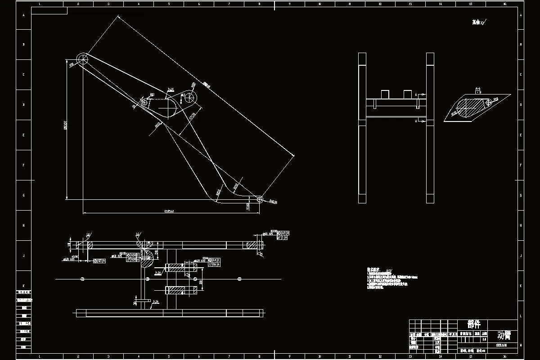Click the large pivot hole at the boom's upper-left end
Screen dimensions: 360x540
click(x=82, y=59)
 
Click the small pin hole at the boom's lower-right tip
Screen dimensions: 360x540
click(x=260, y=198)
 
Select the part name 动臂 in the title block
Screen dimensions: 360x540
click(x=504, y=335)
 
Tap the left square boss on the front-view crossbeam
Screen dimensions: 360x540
click(x=385, y=94)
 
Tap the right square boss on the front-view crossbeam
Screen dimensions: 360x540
click(x=408, y=94)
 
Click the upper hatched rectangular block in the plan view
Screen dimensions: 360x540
click(x=181, y=267)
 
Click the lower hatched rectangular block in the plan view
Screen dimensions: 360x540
click(x=181, y=290)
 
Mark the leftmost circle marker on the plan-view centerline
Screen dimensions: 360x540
click(x=82, y=279)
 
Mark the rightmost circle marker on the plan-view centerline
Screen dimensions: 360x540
click(x=239, y=279)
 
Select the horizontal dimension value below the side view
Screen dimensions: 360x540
click(x=169, y=211)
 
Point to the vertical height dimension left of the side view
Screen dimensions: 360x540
click(x=66, y=128)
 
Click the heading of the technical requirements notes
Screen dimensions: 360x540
click(x=374, y=269)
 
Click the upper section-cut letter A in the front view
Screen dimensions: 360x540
click(x=416, y=95)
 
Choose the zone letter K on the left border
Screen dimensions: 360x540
click(x=23, y=285)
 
